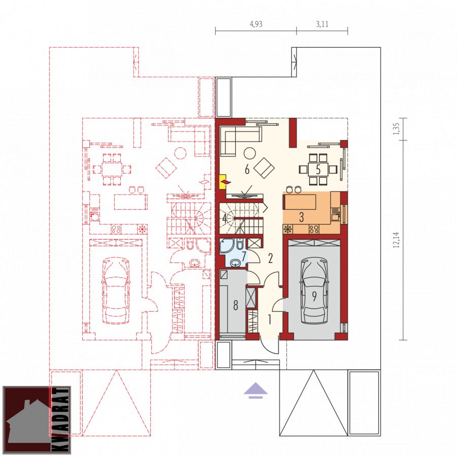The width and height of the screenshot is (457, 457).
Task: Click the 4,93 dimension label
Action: click(256, 24)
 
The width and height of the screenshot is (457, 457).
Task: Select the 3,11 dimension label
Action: click(322, 24)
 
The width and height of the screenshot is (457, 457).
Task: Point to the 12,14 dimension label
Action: click(396, 240)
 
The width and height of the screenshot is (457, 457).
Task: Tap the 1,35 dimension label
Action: click(396, 128)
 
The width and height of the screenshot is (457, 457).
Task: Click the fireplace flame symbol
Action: click(226, 182)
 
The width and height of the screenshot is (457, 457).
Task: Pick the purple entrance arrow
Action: click(255, 390)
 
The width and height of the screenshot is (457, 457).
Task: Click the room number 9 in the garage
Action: click(314, 297)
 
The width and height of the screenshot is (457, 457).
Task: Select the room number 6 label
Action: click(247, 169)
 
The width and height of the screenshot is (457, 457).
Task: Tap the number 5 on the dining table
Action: click(318, 169)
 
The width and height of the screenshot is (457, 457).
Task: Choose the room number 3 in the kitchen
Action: click(302, 217)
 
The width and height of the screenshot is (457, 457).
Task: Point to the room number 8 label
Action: click(236, 305)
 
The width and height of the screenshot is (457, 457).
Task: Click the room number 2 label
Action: click(271, 258)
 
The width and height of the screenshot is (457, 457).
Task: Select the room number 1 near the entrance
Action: click(270, 319)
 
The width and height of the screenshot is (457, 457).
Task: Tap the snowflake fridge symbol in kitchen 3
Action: click(288, 229)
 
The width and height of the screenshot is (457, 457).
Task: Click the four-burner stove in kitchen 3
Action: click(314, 229)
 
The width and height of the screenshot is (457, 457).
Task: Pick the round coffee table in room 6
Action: click(249, 153)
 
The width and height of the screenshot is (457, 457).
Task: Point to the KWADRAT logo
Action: click(37, 420)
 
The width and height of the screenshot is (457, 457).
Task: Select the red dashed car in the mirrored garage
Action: click(116, 290)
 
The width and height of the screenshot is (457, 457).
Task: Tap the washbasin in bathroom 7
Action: click(236, 264)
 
